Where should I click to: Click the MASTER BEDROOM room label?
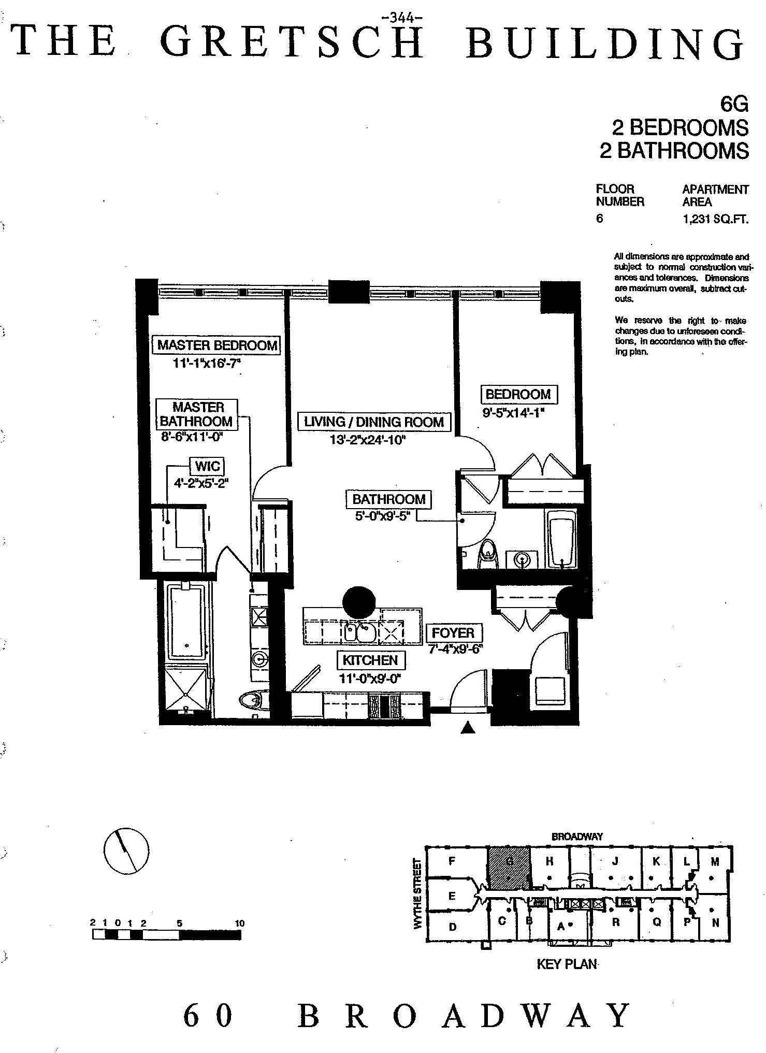coord(217,345)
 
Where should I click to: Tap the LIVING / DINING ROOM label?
coord(374,422)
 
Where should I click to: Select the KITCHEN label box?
coord(370,660)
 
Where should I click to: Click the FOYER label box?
coord(453,632)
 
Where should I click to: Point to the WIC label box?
coord(208,466)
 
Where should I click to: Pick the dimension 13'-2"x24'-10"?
coord(367,440)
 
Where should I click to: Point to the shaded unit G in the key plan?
coord(509,868)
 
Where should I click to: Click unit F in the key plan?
coord(452,861)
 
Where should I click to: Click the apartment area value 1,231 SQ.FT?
coord(715,219)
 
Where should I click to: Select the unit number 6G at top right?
coord(734,105)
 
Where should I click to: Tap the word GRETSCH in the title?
coord(293,41)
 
